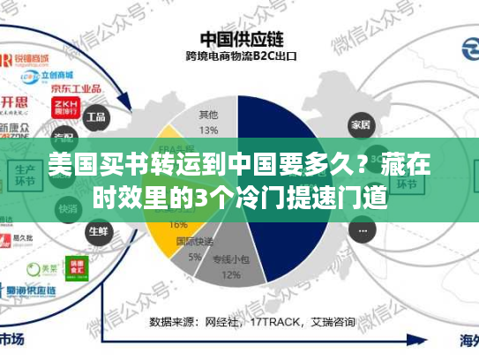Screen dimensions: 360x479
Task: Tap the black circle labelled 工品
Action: [x=96, y=116]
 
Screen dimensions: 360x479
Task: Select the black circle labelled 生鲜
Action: [x=97, y=231]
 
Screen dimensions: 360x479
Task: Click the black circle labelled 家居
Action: [x=360, y=123]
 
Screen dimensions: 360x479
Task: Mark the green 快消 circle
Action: [x=67, y=209]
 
